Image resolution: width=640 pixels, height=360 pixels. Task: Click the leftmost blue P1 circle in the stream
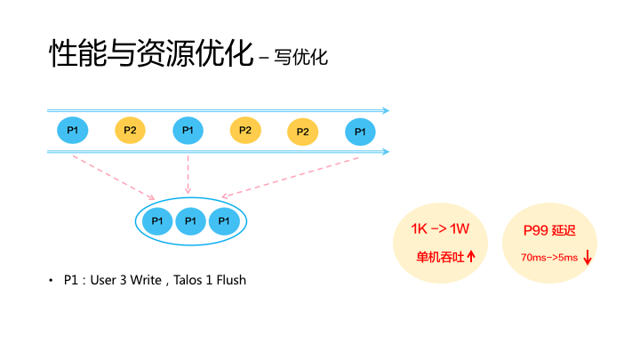tap(73, 131)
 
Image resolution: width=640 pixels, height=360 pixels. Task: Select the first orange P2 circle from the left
tap(130, 131)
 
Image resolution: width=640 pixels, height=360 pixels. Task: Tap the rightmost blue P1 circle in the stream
tap(359, 132)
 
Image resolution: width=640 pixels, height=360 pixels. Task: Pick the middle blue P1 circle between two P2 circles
tap(188, 131)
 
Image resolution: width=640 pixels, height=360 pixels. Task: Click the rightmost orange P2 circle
tap(302, 132)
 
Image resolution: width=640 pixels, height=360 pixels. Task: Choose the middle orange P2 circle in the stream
tap(245, 131)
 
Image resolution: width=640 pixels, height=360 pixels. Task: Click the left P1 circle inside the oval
tap(157, 220)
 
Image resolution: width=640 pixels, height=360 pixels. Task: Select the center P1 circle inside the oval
tap(190, 220)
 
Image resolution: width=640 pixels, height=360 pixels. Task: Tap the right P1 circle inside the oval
tap(224, 220)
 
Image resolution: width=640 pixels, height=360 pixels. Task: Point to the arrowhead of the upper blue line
tap(386, 111)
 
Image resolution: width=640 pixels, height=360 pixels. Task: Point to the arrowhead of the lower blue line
tap(386, 152)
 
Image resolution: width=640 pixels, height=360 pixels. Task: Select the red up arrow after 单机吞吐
tap(471, 256)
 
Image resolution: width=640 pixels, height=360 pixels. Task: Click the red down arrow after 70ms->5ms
tap(588, 258)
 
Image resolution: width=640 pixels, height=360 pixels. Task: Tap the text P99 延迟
tap(550, 231)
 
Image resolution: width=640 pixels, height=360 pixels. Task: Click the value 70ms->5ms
tap(548, 258)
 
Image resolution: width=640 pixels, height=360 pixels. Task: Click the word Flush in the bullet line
tap(230, 280)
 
